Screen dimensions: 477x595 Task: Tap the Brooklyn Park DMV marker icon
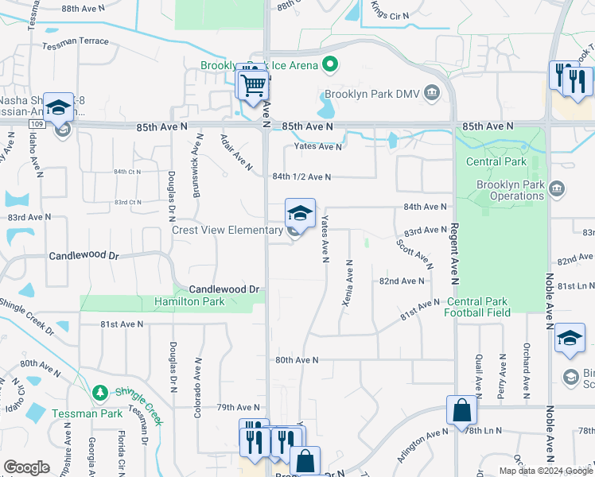point(432,93)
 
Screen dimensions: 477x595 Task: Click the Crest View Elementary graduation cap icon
point(300,213)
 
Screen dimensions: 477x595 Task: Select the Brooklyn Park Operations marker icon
point(556,188)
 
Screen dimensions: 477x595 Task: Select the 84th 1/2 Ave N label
point(301,176)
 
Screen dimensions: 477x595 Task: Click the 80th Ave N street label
point(297,360)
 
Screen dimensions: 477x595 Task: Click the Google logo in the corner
point(26,467)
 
